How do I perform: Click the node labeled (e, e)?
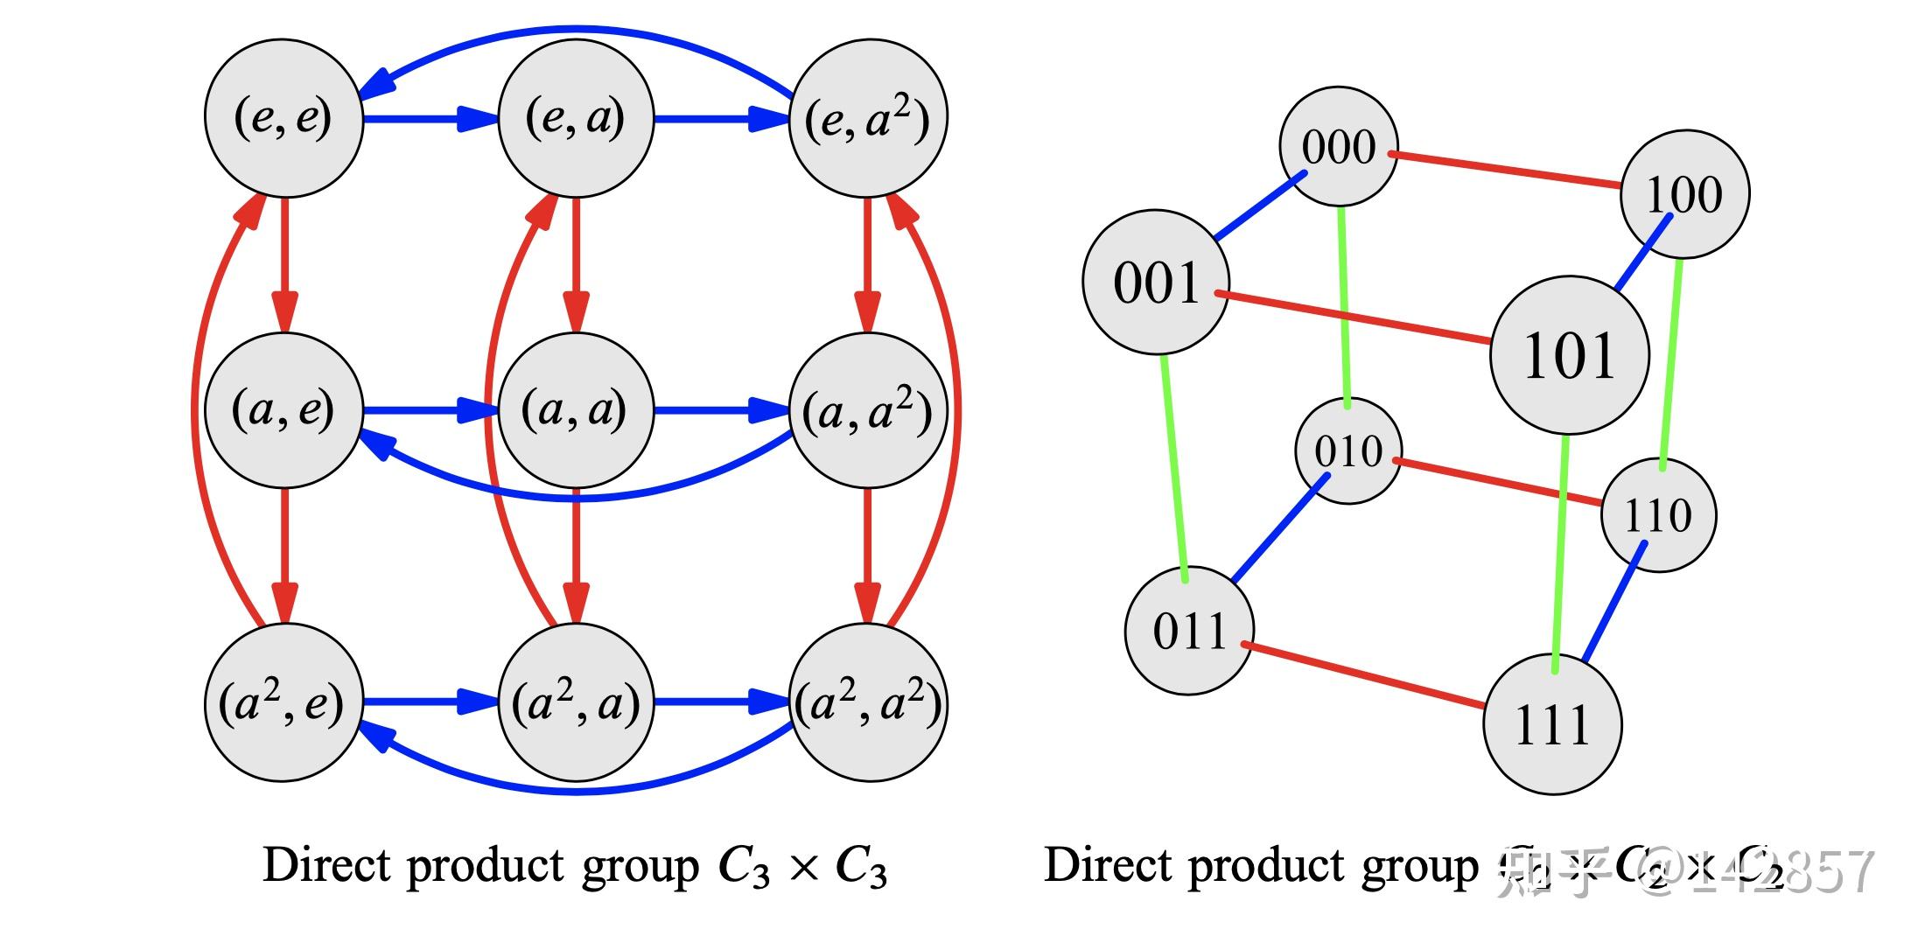(283, 118)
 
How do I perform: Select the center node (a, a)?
(575, 409)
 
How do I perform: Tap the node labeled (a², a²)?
(867, 702)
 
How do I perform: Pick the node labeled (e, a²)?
(867, 118)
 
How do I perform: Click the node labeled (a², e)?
(283, 702)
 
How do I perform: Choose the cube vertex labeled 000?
(1338, 146)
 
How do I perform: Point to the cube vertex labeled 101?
(1569, 355)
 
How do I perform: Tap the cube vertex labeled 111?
(1551, 724)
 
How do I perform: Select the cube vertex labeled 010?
(1347, 451)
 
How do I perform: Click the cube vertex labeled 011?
(1188, 630)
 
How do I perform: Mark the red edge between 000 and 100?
(1505, 171)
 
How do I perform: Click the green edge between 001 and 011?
(1174, 468)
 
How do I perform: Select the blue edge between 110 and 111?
(1614, 602)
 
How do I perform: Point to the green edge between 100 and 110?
(1671, 363)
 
